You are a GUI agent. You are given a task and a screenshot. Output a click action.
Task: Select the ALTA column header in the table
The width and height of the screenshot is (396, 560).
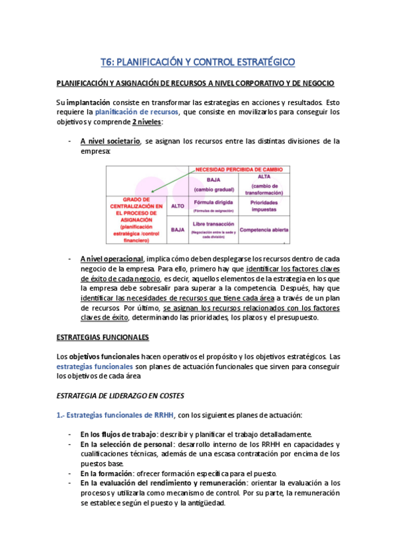(264, 178)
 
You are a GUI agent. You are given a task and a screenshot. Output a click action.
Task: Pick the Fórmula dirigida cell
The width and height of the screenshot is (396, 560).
(213, 203)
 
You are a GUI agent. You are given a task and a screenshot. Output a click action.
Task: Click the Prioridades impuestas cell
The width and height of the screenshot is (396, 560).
(264, 205)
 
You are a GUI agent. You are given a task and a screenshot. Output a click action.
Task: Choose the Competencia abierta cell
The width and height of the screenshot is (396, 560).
(264, 230)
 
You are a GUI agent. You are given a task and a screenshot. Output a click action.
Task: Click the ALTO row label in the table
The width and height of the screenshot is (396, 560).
(177, 205)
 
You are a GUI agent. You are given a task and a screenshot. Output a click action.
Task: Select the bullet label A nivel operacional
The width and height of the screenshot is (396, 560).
(111, 258)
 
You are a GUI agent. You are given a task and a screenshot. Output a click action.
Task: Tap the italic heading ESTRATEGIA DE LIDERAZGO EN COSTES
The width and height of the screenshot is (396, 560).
(120, 396)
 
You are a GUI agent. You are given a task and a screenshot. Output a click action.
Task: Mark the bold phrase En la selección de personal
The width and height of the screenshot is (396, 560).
(126, 444)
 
